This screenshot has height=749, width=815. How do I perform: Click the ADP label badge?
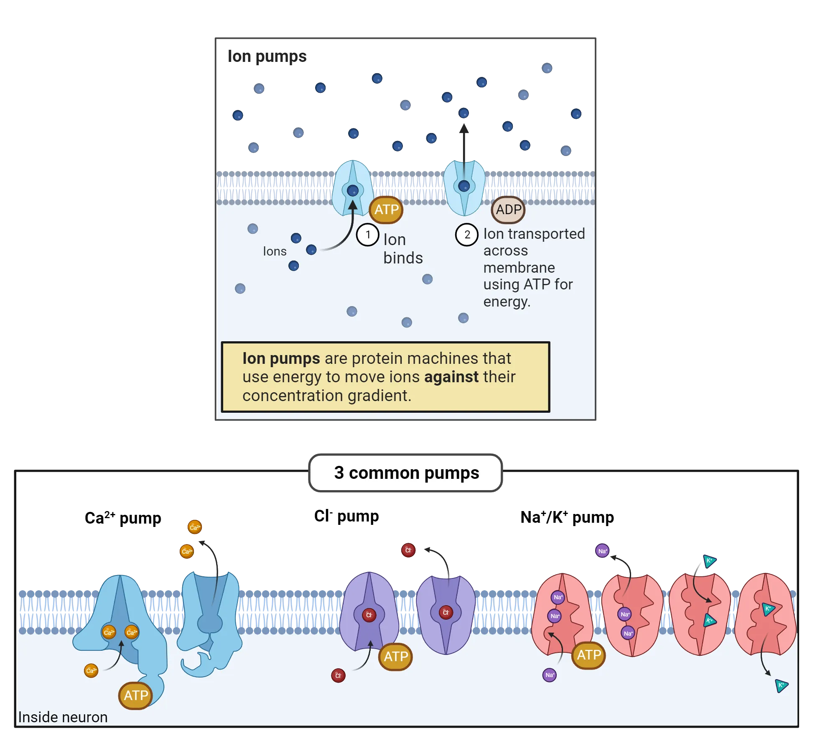(508, 210)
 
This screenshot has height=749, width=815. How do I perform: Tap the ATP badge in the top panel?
(386, 210)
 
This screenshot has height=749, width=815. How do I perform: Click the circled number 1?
(368, 235)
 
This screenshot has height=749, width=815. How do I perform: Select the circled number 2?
(467, 235)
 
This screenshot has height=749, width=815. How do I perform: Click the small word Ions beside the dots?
(275, 251)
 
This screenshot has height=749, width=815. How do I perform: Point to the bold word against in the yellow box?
(451, 377)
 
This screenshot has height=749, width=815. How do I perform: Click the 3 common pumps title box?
(406, 473)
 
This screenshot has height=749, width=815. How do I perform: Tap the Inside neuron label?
(63, 717)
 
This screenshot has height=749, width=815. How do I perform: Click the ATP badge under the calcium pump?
(136, 695)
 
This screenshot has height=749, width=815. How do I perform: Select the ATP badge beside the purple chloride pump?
(395, 656)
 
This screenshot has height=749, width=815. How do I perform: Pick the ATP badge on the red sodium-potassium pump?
(588, 655)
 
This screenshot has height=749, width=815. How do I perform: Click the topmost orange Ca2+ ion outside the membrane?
(195, 527)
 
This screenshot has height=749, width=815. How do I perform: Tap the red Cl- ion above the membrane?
(408, 550)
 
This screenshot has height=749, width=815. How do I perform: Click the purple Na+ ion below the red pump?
(550, 675)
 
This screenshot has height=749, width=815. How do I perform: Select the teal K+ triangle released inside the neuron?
(781, 685)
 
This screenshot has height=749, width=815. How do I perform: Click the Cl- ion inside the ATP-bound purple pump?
(369, 615)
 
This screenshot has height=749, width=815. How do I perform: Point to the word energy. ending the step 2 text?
(507, 302)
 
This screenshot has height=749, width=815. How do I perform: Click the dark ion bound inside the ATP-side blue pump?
(353, 191)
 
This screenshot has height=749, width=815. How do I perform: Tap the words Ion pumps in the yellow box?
(281, 358)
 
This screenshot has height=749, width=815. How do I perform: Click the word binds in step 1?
(403, 258)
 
